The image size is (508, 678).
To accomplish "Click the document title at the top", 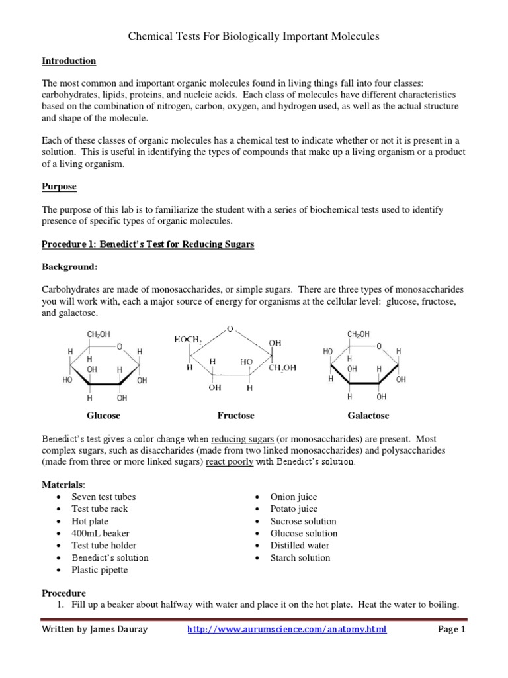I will [253, 37].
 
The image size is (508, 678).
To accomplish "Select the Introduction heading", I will [69, 61].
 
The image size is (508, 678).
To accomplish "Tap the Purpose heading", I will [59, 187].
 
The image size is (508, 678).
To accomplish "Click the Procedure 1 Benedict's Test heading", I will [148, 244].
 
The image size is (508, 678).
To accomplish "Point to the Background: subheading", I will [69, 267].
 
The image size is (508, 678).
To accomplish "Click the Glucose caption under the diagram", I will [103, 416].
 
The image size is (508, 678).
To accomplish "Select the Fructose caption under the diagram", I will [235, 416].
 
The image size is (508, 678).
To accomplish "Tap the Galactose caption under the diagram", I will [368, 416].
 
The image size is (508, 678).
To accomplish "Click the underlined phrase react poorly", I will [230, 462].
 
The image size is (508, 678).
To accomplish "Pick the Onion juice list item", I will [293, 497].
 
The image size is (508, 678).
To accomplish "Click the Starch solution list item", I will [300, 557].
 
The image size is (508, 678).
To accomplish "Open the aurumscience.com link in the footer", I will [286, 630].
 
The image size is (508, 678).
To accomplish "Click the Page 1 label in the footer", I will [452, 630].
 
